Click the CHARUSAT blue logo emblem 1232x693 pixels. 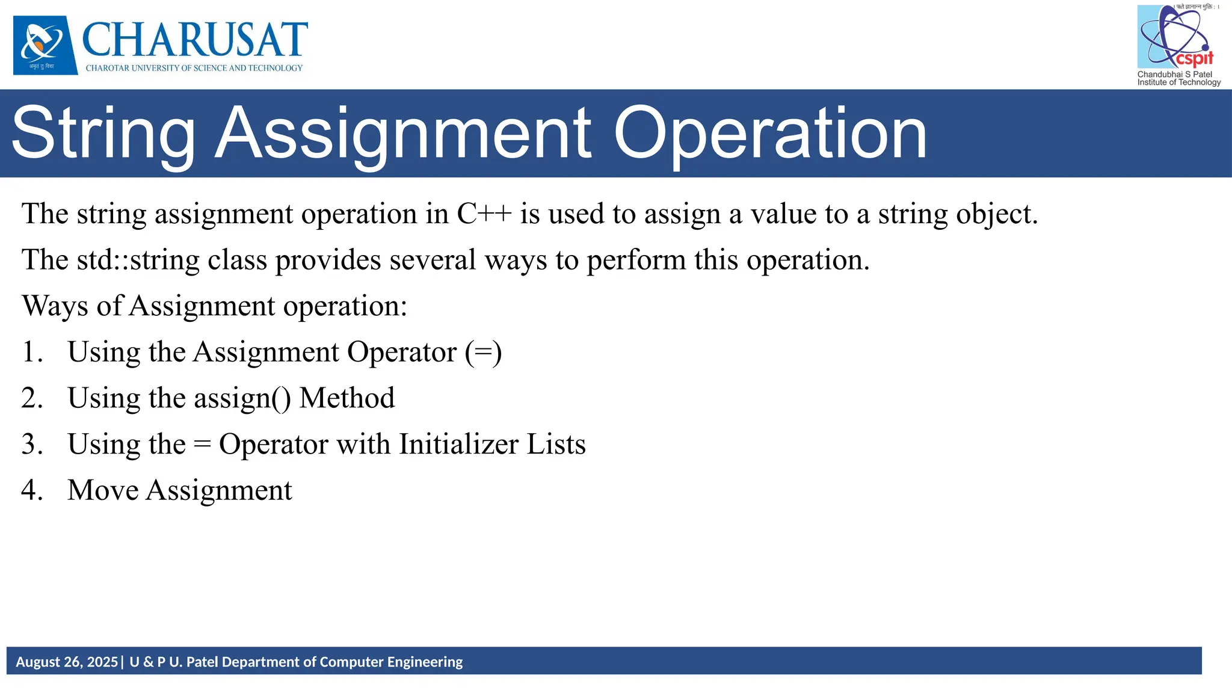pos(45,45)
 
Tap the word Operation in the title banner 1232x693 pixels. pos(770,134)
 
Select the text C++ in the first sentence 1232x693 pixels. pos(484,214)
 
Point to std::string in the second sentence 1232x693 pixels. pos(138,260)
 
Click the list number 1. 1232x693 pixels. pos(32,352)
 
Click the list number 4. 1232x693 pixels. pos(32,490)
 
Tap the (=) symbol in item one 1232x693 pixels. pos(483,352)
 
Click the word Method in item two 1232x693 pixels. pos(347,398)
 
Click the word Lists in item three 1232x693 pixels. pos(556,445)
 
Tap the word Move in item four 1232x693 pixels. pos(103,490)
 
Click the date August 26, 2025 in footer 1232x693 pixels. pos(67,662)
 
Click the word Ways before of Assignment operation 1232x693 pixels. pos(55,306)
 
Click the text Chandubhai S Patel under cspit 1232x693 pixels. pos(1174,75)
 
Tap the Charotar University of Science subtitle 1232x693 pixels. pos(194,68)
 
